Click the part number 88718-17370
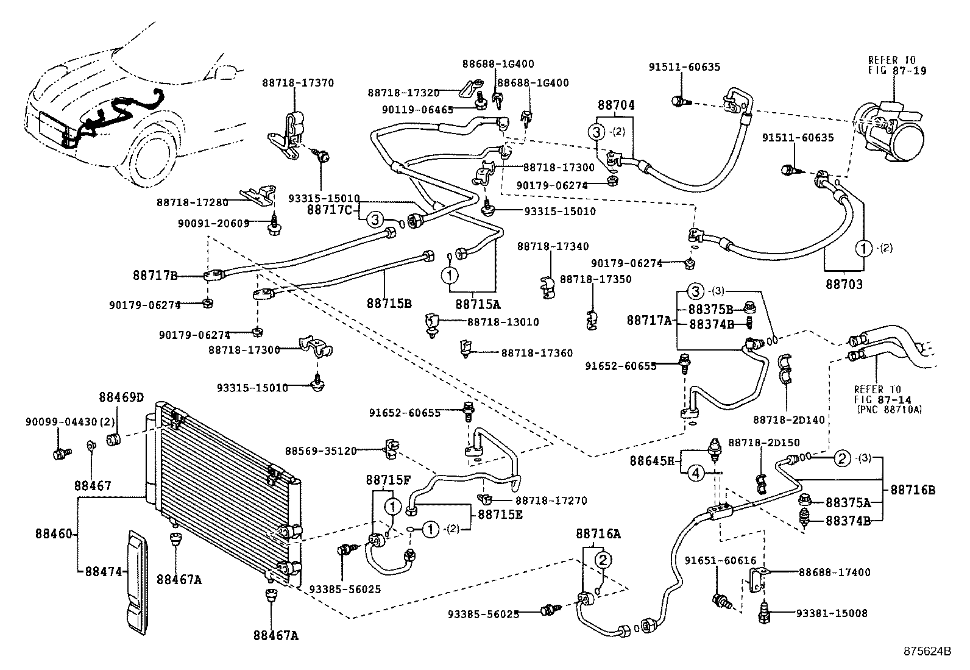click(x=298, y=83)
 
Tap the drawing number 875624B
click(x=927, y=650)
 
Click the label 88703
click(x=844, y=285)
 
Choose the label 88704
click(x=616, y=105)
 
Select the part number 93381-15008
click(x=834, y=613)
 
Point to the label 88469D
click(x=121, y=397)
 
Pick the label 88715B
click(x=389, y=303)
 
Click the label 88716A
click(x=598, y=534)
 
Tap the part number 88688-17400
click(x=834, y=572)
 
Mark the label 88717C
click(x=329, y=210)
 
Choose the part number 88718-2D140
click(x=788, y=420)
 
